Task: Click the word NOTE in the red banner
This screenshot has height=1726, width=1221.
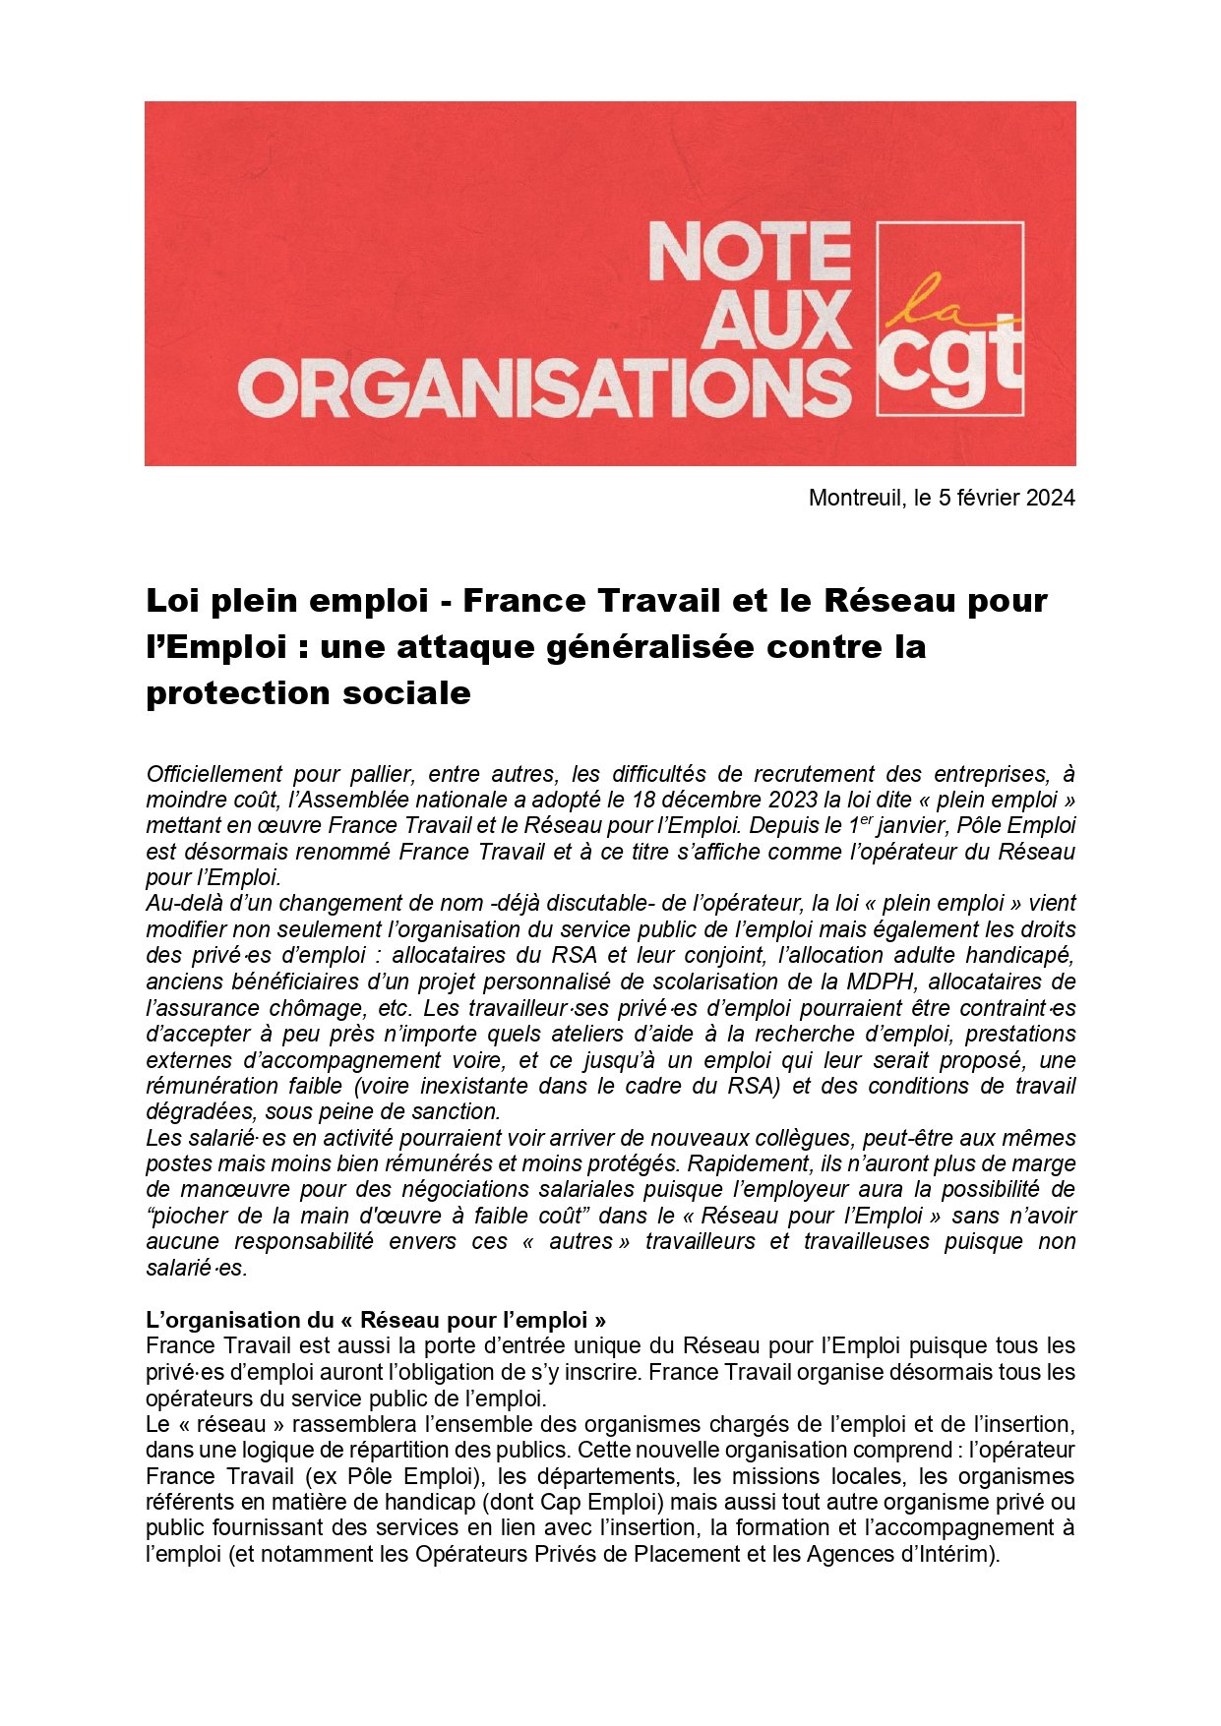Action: (749, 252)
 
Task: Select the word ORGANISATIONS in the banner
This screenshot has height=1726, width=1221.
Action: (544, 387)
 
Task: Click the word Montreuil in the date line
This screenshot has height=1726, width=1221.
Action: (854, 498)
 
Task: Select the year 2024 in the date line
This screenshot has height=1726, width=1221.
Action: (1050, 498)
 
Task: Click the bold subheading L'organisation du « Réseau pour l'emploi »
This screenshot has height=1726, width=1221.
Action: (375, 1320)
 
